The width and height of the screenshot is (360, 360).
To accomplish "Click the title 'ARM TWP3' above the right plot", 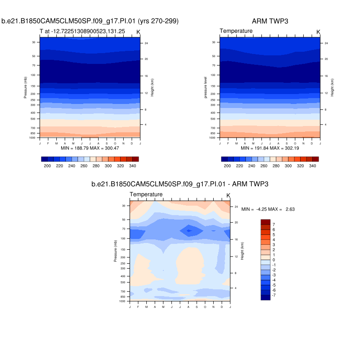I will tap(270, 21).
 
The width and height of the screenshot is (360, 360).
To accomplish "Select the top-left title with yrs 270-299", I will tap(90, 21).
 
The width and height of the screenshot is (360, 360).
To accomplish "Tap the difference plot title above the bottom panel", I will tap(180, 184).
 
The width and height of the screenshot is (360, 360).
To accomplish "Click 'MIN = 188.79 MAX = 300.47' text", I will tap(90, 148).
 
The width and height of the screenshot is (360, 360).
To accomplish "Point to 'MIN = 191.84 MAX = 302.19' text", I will tap(270, 148).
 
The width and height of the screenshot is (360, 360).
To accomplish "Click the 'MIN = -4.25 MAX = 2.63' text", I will tap(268, 209).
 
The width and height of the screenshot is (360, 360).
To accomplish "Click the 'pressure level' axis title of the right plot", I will tap(205, 87).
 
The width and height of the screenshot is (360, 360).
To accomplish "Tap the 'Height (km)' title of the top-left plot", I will tap(153, 87).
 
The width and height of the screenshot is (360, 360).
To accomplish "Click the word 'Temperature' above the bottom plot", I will tap(146, 194).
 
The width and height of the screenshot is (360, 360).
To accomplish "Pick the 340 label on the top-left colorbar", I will tap(133, 166).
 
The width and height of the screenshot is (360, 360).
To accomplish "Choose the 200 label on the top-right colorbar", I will tap(227, 166).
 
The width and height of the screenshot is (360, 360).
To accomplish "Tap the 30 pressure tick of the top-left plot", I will tap(33, 42).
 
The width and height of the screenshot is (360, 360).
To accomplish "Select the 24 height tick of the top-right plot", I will tap(326, 43).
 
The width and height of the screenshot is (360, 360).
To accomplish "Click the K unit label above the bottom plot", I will tap(228, 195).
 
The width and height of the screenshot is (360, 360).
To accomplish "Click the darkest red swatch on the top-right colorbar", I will tap(315, 159).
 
